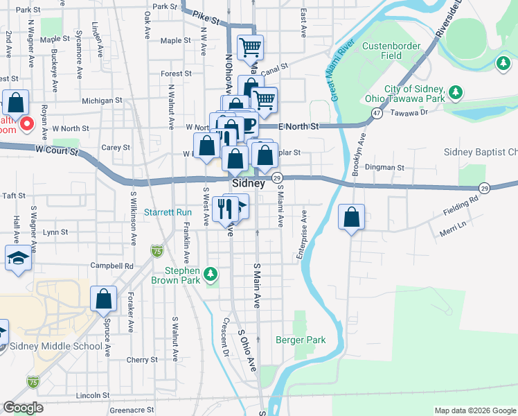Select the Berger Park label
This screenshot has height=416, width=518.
[300, 340]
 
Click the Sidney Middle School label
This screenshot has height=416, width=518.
[55, 347]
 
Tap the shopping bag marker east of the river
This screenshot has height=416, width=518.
[352, 216]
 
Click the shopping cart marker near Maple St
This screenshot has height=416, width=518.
[250, 48]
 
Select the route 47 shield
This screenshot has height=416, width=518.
[377, 112]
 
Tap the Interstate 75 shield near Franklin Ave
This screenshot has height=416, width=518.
[157, 250]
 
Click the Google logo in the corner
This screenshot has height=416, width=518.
[23, 408]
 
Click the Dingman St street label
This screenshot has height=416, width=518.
[386, 167]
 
